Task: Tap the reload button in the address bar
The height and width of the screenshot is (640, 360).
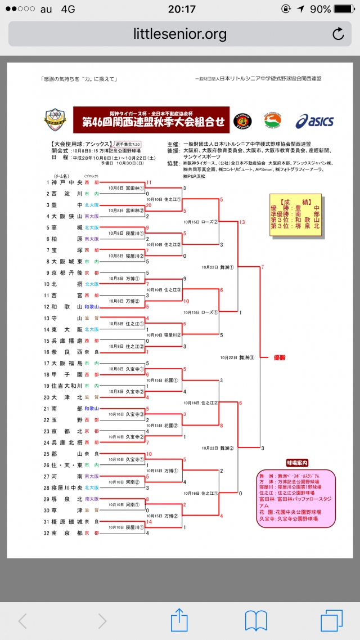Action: click(338, 34)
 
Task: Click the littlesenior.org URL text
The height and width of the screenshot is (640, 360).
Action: click(180, 34)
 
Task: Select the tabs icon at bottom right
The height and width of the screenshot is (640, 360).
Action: click(331, 620)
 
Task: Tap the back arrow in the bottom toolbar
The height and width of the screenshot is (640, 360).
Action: click(22, 621)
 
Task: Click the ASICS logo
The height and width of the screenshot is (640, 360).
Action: click(314, 121)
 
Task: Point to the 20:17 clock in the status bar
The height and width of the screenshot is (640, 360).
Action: click(181, 9)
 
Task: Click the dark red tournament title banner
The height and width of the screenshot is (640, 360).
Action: click(151, 120)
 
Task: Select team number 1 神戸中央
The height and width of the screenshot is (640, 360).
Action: click(65, 182)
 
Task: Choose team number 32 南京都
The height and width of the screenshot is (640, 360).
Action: click(65, 532)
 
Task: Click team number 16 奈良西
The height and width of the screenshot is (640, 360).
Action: click(65, 351)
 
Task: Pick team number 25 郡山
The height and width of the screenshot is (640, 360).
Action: click(65, 453)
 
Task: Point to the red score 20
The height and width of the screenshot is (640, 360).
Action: click(148, 205)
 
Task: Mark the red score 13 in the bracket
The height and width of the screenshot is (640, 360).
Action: click(241, 222)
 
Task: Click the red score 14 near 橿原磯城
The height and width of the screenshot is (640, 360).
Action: click(148, 521)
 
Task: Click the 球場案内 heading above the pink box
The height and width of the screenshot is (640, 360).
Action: click(296, 463)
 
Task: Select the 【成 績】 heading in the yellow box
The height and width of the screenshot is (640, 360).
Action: click(295, 200)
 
